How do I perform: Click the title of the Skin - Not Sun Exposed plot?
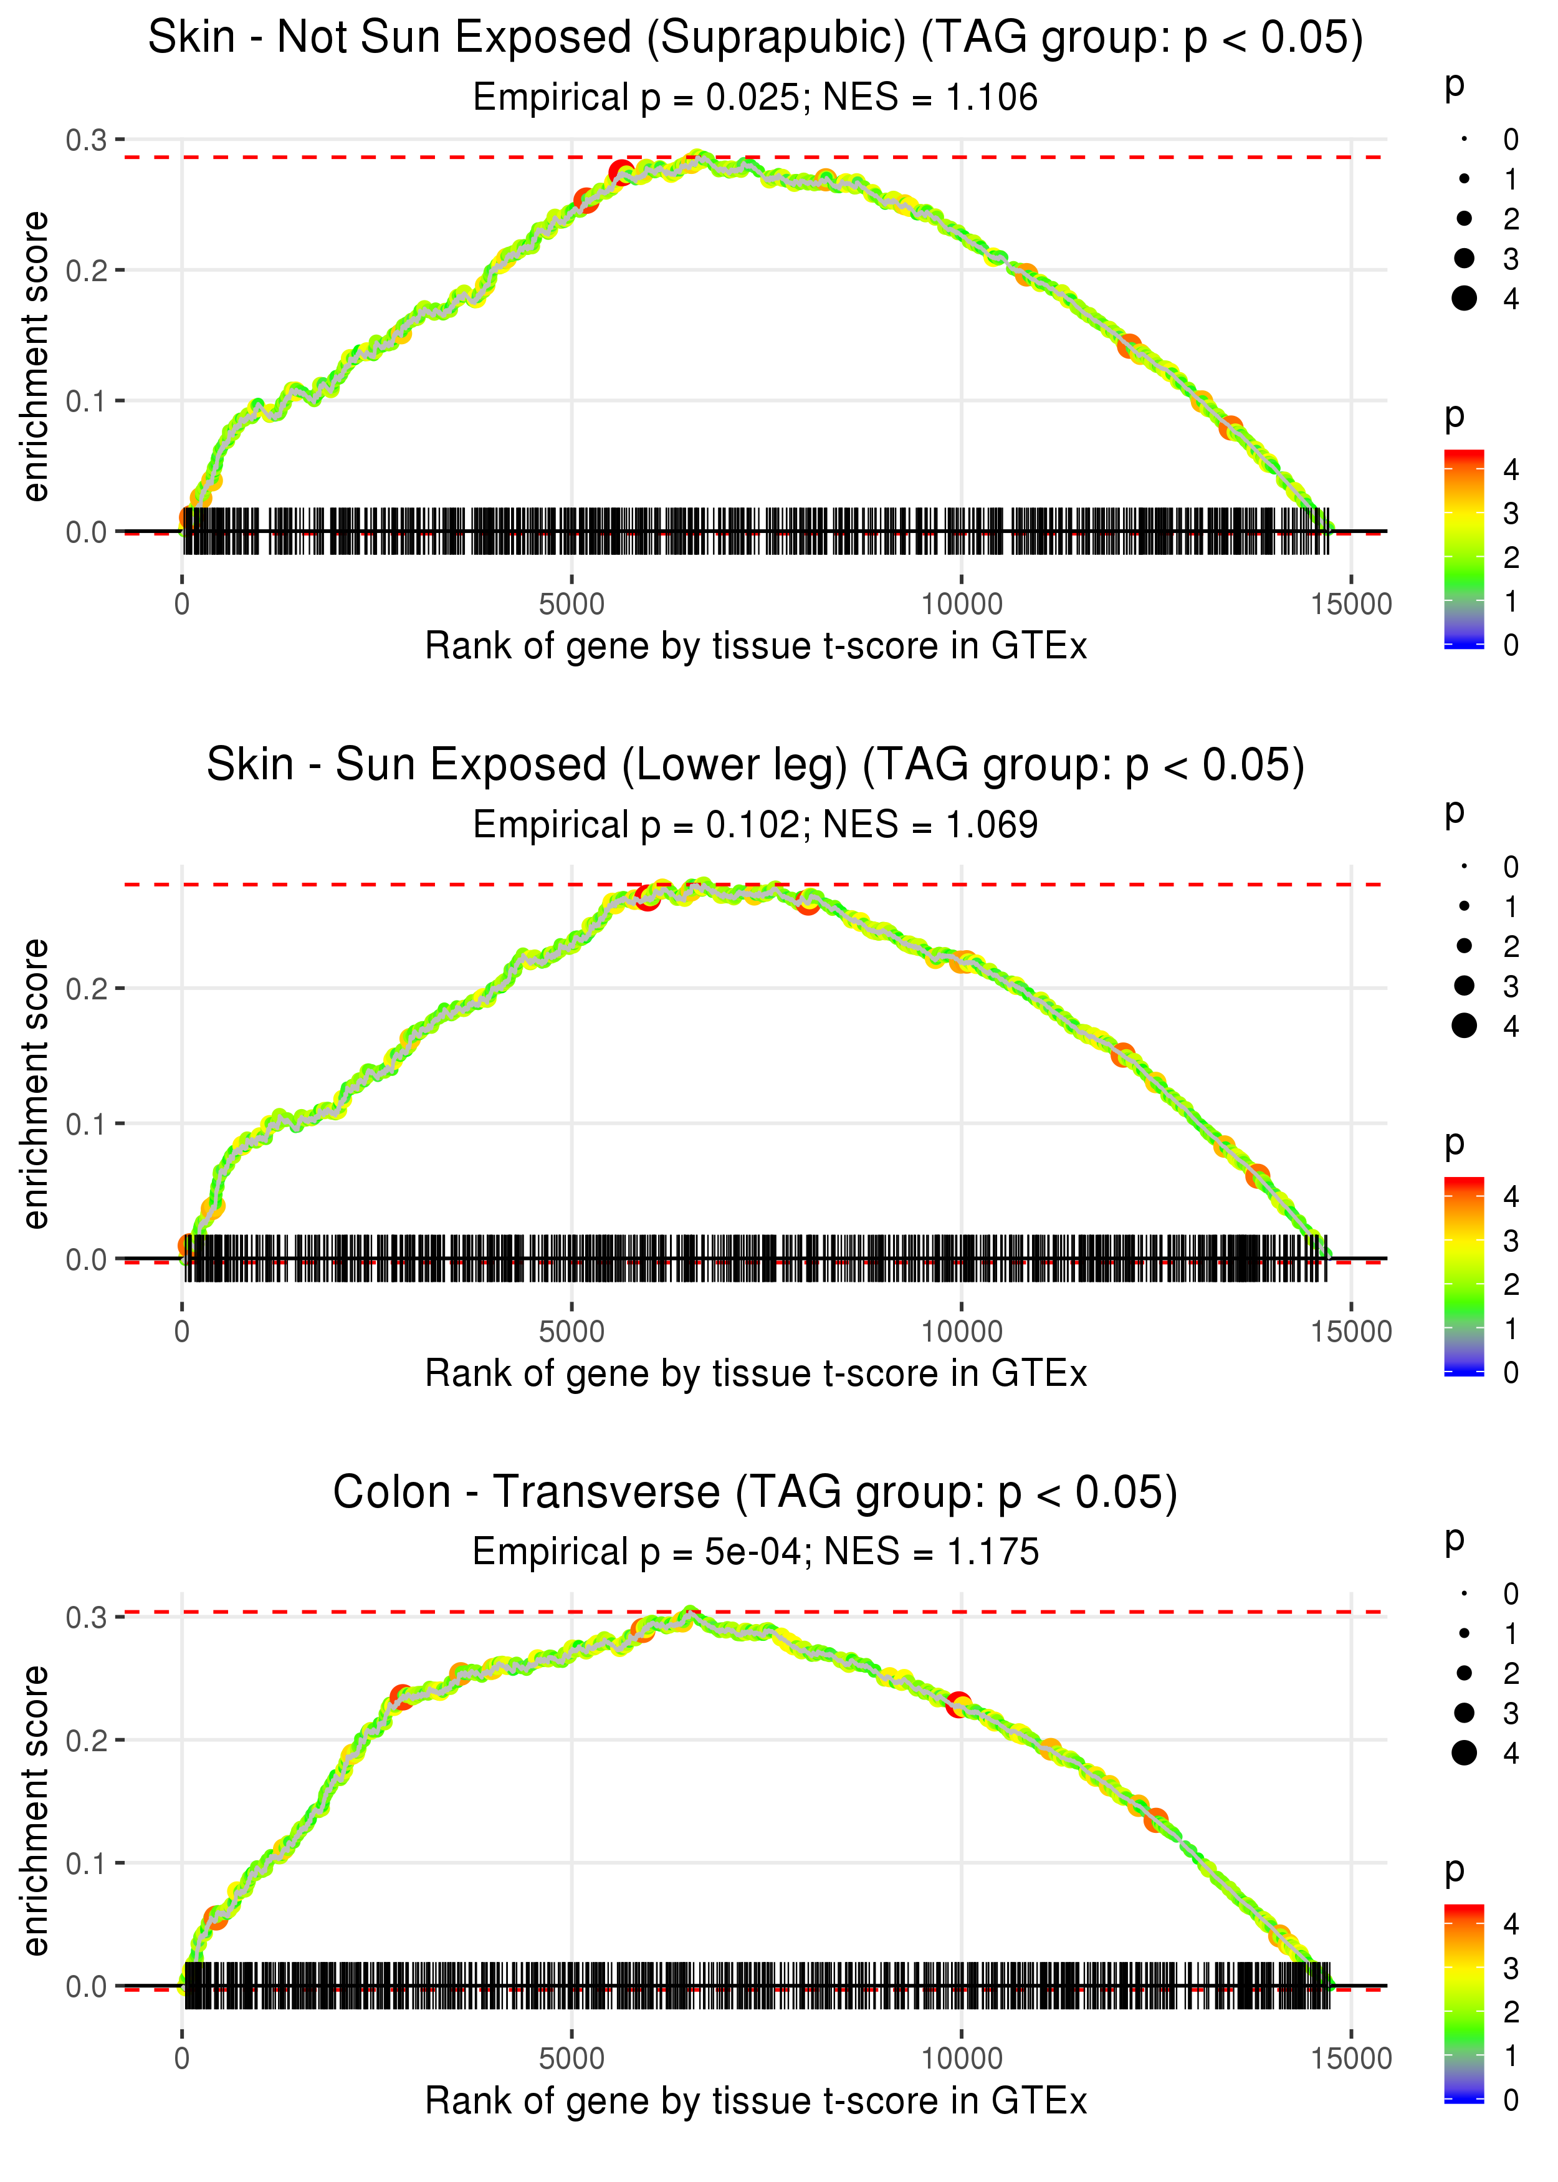tap(755, 39)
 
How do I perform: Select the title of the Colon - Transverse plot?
tap(755, 1493)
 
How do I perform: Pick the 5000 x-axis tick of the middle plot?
tap(571, 1332)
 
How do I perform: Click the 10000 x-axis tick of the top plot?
tap(961, 605)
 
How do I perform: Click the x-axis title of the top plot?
tap(756, 646)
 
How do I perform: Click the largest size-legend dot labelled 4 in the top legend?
tap(1464, 299)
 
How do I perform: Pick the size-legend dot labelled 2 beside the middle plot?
tap(1464, 946)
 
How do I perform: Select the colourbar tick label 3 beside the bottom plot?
tap(1511, 1969)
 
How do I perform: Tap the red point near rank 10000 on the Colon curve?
tap(958, 1705)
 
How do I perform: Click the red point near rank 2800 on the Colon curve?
tap(402, 1696)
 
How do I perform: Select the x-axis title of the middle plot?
tap(756, 1374)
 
